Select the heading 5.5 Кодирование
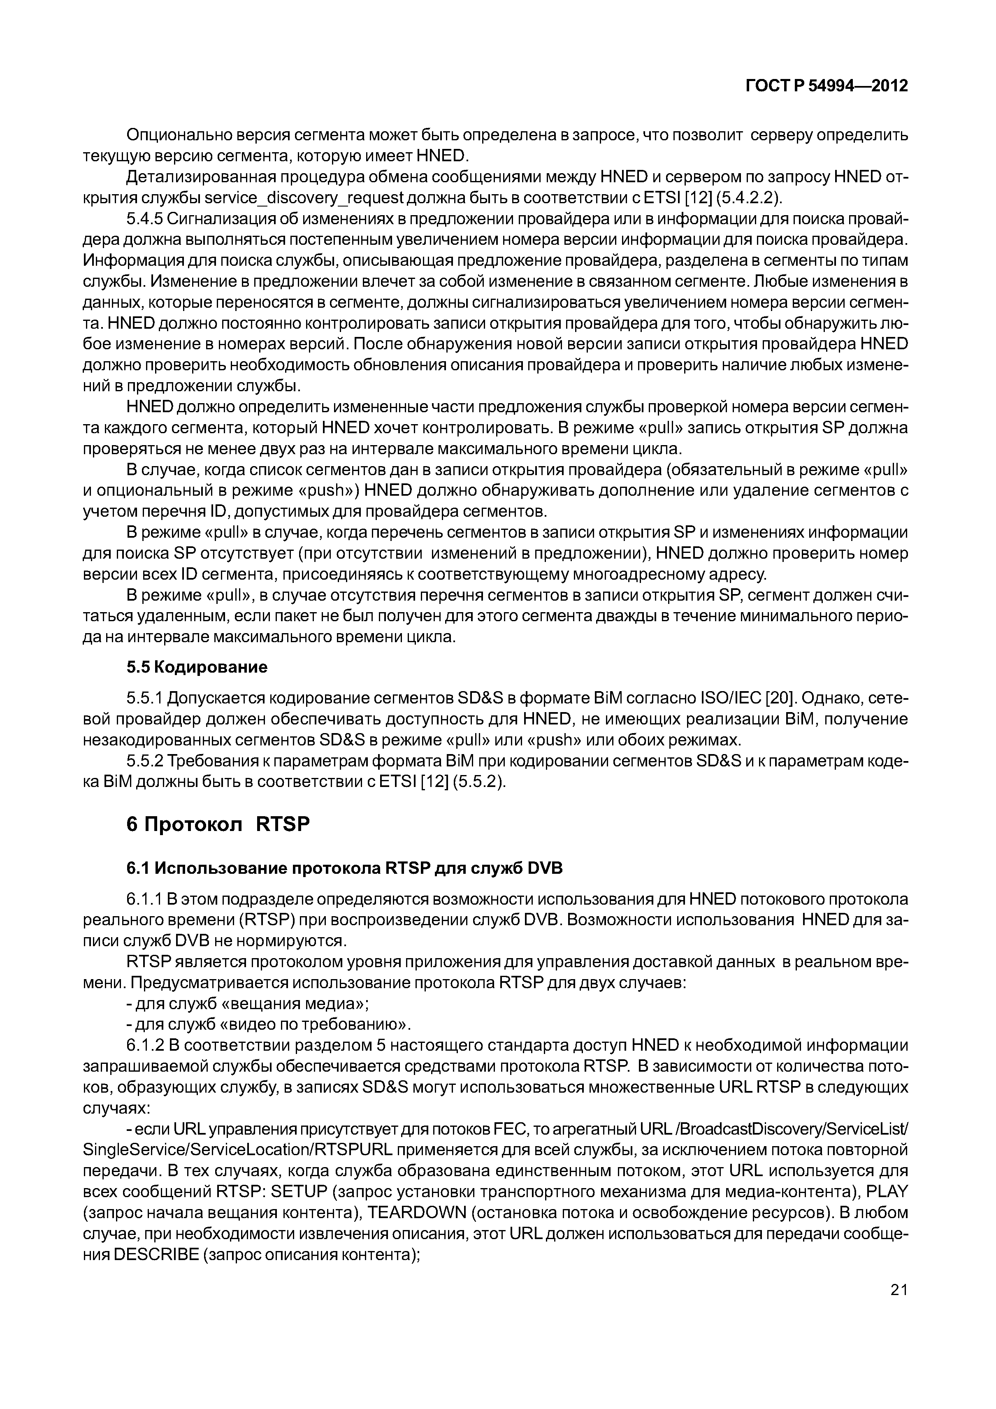(197, 667)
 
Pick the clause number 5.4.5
(144, 219)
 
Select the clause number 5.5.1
(144, 699)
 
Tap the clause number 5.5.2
(144, 761)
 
